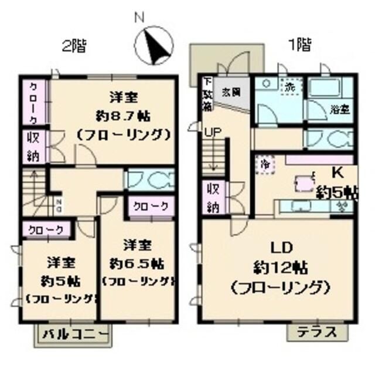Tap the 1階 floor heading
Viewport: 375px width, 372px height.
298,44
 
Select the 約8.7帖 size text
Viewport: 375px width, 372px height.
122,114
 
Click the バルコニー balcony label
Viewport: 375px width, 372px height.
75,335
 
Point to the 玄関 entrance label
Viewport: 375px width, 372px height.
230,92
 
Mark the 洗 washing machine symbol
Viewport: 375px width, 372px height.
290,86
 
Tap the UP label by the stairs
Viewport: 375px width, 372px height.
212,133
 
